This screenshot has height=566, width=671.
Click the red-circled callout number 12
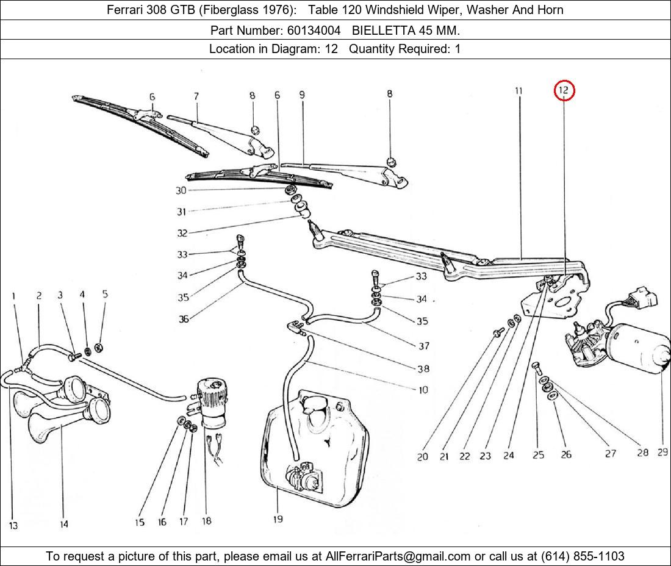coord(564,91)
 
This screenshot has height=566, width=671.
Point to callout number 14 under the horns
coord(64,524)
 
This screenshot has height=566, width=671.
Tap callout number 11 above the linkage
coord(518,91)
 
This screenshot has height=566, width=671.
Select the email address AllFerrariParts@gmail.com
coord(398,556)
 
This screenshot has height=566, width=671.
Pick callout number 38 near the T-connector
coord(423,368)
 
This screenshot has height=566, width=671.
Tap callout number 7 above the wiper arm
coord(196,96)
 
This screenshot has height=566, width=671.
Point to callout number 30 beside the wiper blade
coord(181,190)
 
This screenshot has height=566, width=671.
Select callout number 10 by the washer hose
coord(423,390)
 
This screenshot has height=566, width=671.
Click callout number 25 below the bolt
coord(538,455)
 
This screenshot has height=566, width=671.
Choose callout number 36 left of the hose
coord(183,318)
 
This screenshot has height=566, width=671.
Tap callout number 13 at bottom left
coord(13,525)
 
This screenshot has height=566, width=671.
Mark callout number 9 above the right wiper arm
coord(302,95)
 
